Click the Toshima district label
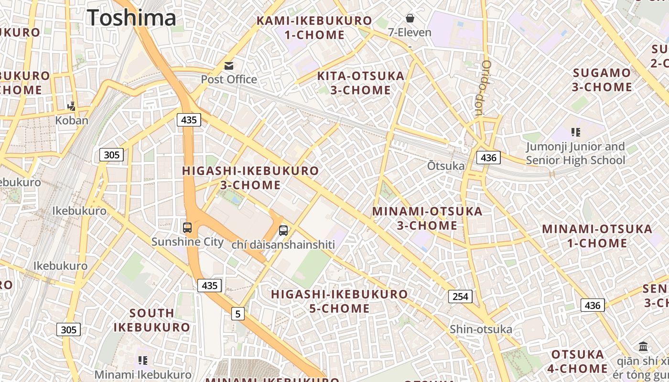coord(132,18)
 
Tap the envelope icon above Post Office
coord(229,66)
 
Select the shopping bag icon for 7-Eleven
coord(410,19)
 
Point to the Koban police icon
coord(72,106)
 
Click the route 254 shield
coord(460,297)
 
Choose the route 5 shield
coord(238,314)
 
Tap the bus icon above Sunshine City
coord(187,228)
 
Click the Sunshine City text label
coord(187,242)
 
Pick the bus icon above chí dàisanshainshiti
coord(283,231)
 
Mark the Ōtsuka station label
coord(445,166)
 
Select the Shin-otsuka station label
coord(481,329)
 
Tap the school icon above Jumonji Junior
coord(576,132)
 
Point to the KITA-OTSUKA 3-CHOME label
coord(361,83)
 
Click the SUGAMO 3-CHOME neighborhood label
coord(602,80)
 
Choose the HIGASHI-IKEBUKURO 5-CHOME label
coord(339,301)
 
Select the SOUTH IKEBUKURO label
coord(151,320)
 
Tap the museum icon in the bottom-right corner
coord(643,346)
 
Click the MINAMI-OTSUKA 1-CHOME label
coord(597,236)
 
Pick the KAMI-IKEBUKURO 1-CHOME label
coord(314,28)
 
